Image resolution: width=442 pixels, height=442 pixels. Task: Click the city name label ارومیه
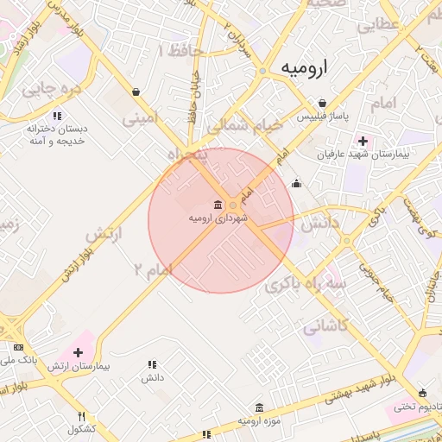pyautogui.click(x=306, y=70)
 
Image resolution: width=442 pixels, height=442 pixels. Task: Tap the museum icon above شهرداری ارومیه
pyautogui.click(x=216, y=205)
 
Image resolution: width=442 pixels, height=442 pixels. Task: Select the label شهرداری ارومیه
pyautogui.click(x=218, y=218)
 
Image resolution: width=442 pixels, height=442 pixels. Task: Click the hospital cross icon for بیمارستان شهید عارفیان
pyautogui.click(x=363, y=141)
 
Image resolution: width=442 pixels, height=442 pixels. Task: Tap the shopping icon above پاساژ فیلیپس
pyautogui.click(x=322, y=103)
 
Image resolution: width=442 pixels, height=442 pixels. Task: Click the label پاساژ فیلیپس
pyautogui.click(x=321, y=116)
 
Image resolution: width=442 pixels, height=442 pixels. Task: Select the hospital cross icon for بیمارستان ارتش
pyautogui.click(x=79, y=352)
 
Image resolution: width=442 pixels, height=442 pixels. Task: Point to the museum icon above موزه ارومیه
pyautogui.click(x=259, y=407)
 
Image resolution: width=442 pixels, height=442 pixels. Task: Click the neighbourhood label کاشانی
pyautogui.click(x=325, y=325)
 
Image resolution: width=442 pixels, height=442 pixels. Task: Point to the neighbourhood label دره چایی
pyautogui.click(x=51, y=87)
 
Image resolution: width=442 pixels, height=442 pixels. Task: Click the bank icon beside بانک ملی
pyautogui.click(x=18, y=347)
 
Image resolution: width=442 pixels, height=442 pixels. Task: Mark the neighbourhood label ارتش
pyautogui.click(x=105, y=234)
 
